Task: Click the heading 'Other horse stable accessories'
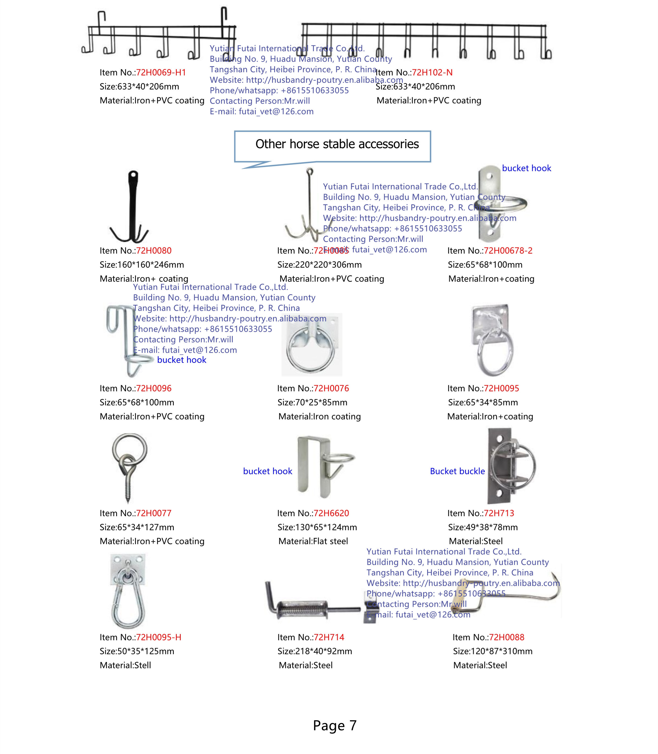pos(337,144)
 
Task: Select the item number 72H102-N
pos(432,73)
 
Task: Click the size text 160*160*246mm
pos(150,265)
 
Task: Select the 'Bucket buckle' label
pos(457,471)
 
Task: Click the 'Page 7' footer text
pos(335,725)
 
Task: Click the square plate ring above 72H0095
pos(492,339)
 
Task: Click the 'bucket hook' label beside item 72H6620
pos(267,471)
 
